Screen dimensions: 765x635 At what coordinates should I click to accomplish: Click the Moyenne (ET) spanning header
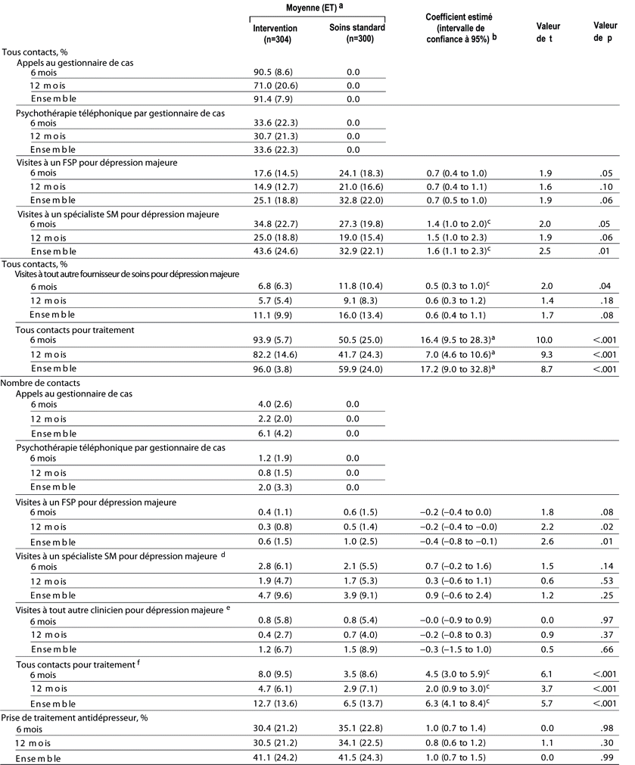319,8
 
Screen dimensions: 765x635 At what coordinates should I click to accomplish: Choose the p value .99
602,757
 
